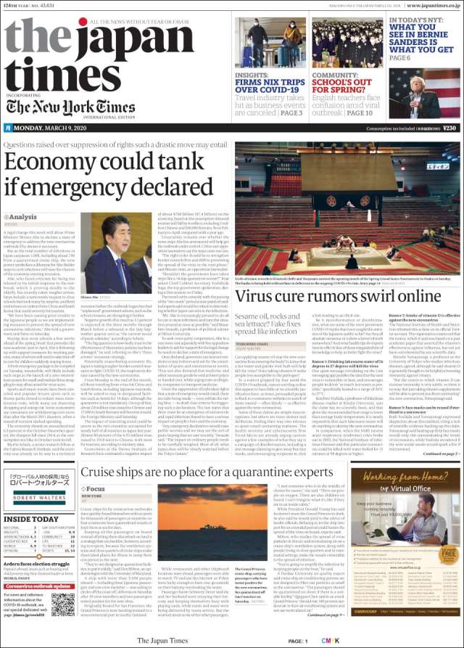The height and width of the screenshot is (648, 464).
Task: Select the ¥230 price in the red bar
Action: click(x=449, y=128)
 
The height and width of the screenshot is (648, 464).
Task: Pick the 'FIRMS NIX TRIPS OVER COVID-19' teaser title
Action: click(x=272, y=81)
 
